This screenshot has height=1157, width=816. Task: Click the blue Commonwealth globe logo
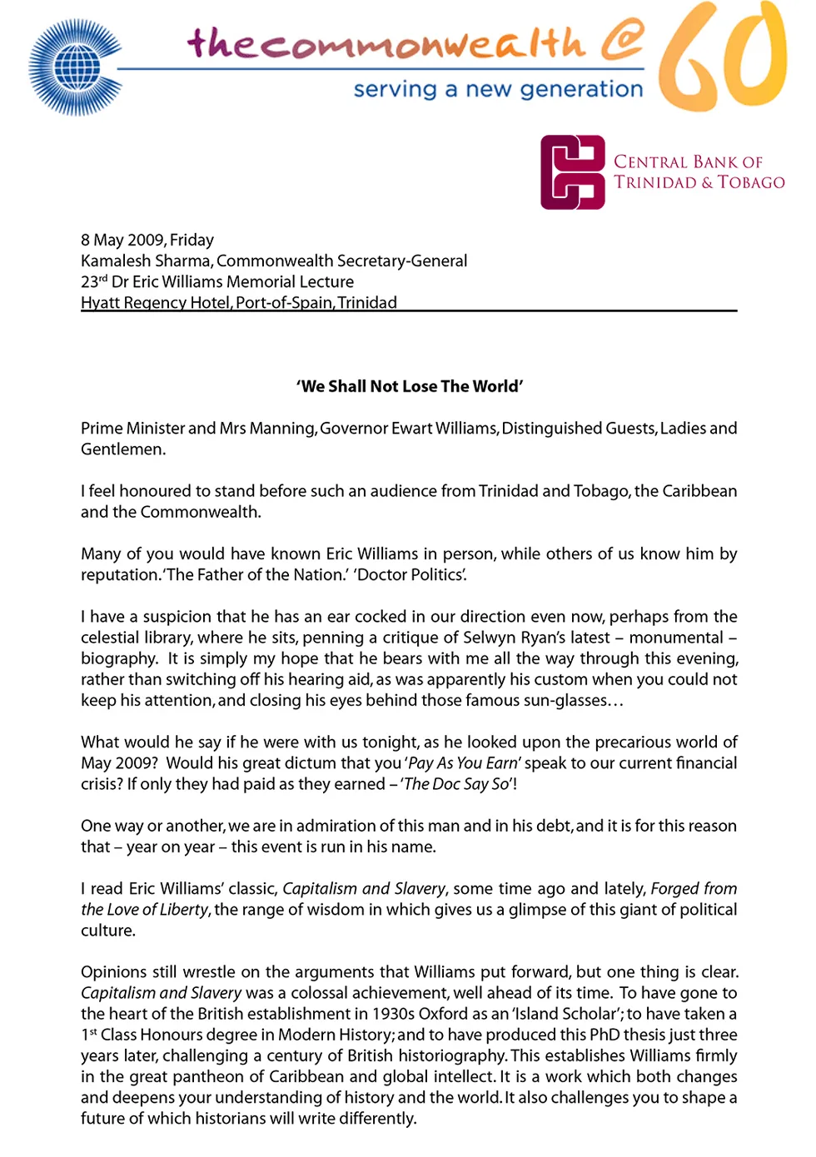click(75, 67)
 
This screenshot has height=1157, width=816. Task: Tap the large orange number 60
click(723, 57)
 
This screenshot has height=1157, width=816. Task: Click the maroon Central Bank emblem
click(573, 172)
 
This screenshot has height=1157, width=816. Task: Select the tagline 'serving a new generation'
click(498, 89)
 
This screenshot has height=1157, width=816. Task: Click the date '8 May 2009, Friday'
click(147, 240)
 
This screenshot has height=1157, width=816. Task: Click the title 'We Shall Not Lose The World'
click(410, 386)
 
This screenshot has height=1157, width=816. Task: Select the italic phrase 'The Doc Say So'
click(456, 784)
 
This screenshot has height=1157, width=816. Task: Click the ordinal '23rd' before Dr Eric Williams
click(94, 281)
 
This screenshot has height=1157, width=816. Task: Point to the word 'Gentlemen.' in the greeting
click(123, 449)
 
